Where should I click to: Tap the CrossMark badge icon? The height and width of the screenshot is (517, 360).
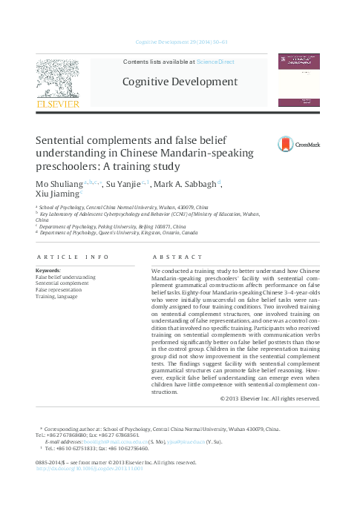(x=286, y=144)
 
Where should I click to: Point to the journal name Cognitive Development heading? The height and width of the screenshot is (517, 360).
(x=180, y=82)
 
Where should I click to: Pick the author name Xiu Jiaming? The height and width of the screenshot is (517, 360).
(x=56, y=195)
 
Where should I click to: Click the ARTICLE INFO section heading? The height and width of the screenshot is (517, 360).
(x=72, y=257)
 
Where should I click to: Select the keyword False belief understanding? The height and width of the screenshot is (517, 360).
(x=65, y=277)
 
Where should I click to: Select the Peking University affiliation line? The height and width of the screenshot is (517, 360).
(x=113, y=225)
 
